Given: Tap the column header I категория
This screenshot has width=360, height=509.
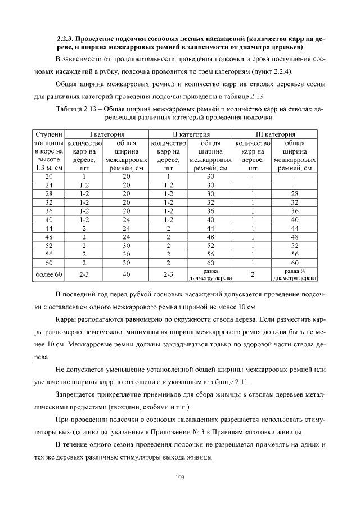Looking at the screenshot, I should click(x=107, y=135).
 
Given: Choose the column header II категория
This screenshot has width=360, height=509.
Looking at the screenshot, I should click(x=191, y=135).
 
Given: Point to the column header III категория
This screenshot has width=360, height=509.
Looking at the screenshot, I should click(x=276, y=135).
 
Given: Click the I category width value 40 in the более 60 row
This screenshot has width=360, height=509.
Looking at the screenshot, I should click(x=127, y=274).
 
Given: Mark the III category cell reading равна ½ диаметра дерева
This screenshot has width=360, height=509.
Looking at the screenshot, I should click(x=294, y=274).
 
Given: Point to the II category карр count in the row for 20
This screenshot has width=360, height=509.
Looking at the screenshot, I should click(x=168, y=176).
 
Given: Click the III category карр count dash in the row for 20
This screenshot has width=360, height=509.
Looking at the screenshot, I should click(x=253, y=176).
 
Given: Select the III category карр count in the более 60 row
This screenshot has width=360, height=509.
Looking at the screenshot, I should click(x=253, y=274).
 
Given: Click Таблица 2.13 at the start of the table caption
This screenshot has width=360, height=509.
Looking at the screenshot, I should click(x=79, y=109).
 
